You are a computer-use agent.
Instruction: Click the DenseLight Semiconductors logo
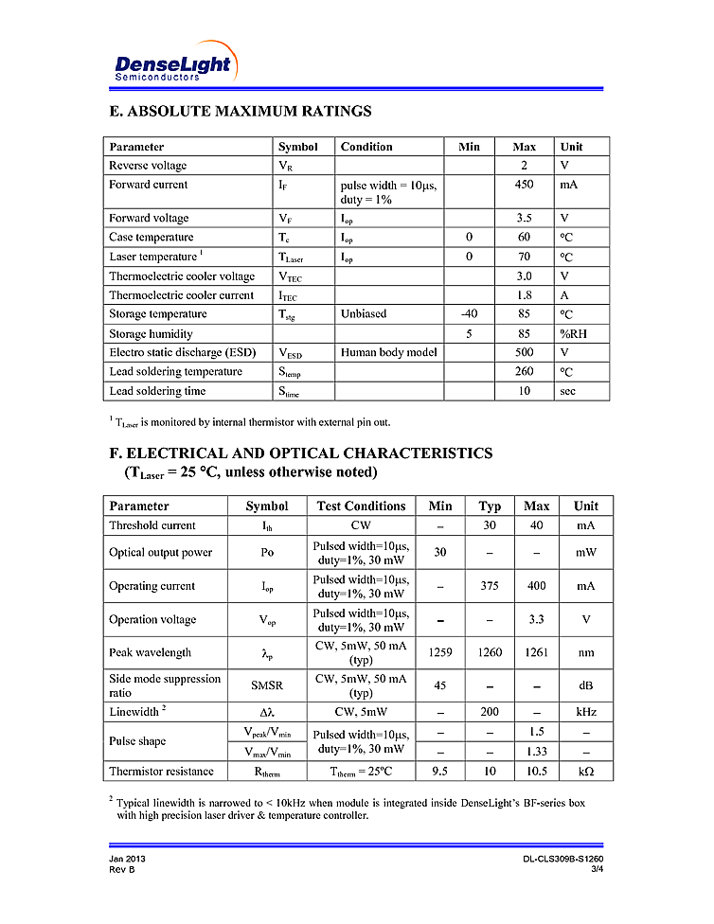172,63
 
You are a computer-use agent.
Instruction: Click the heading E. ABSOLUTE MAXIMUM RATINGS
241,112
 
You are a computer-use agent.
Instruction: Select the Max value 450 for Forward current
524,185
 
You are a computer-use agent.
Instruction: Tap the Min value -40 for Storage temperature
469,313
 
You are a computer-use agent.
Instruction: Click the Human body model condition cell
388,352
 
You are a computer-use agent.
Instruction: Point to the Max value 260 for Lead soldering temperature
524,371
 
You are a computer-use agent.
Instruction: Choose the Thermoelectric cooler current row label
181,294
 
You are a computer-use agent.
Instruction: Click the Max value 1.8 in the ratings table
524,294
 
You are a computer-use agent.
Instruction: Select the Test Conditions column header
361,506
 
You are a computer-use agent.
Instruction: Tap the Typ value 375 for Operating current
490,586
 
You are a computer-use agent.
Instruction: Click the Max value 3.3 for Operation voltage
536,620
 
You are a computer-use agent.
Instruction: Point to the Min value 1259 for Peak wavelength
440,652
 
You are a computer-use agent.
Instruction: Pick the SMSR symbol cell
266,685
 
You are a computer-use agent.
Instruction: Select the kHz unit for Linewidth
586,711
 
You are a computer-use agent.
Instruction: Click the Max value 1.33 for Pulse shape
536,753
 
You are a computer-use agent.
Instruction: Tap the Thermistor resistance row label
161,772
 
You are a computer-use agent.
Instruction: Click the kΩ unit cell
586,772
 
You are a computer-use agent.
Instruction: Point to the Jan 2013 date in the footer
127,859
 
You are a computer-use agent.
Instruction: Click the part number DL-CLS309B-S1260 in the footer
562,859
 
